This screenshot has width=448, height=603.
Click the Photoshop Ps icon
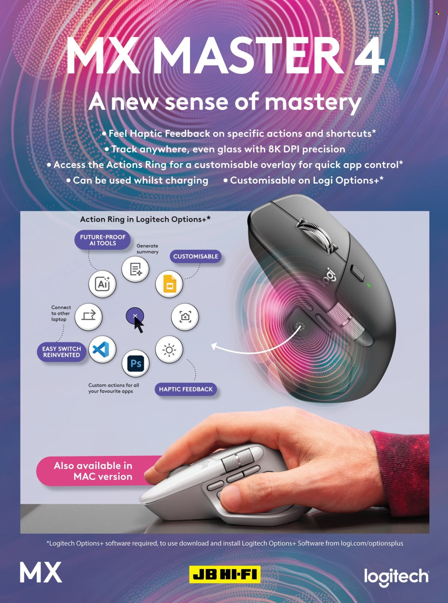pyautogui.click(x=135, y=363)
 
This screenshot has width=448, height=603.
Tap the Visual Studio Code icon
pyautogui.click(x=103, y=349)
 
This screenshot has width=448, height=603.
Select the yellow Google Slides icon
pyautogui.click(x=169, y=284)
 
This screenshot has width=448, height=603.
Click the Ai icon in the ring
pyautogui.click(x=103, y=284)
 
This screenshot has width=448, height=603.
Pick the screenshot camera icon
pyautogui.click(x=185, y=317)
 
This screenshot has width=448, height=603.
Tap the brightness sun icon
pyautogui.click(x=169, y=349)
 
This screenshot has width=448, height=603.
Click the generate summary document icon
pyautogui.click(x=135, y=269)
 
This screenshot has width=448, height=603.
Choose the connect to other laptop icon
pyautogui.click(x=89, y=316)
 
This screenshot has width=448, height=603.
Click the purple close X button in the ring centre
pyautogui.click(x=135, y=316)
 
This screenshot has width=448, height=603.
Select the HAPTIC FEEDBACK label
pyautogui.click(x=186, y=389)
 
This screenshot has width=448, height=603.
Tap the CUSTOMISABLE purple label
pyautogui.click(x=196, y=256)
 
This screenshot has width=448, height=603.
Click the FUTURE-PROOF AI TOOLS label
pyautogui.click(x=103, y=240)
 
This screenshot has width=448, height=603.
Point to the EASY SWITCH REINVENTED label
pyautogui.click(x=62, y=352)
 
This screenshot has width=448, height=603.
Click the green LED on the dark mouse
pyautogui.click(x=369, y=285)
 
